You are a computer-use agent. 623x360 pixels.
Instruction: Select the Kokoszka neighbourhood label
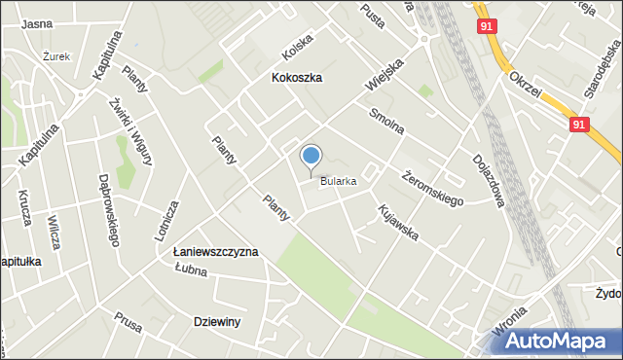click(297, 77)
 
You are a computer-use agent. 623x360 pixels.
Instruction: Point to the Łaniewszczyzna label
click(215, 252)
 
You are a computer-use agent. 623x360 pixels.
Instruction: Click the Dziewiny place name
click(217, 321)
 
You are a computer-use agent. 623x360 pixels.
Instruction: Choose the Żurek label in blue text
click(57, 57)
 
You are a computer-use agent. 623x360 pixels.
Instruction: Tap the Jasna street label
click(36, 23)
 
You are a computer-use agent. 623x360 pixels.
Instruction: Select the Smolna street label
click(386, 124)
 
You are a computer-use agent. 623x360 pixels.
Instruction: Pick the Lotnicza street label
click(171, 223)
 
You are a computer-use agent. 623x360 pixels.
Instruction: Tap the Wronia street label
click(512, 325)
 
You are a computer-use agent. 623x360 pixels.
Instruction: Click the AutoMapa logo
click(558, 341)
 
